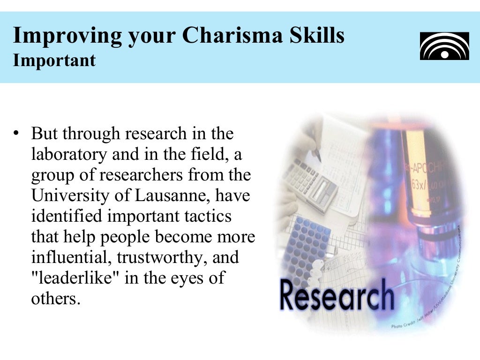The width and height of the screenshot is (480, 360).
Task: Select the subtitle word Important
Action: [54, 60]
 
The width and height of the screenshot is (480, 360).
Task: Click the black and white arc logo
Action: [444, 46]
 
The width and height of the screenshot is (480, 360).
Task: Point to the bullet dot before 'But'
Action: [17, 133]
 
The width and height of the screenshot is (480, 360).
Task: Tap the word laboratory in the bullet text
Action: [69, 154]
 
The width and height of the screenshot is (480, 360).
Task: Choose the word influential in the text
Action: [71, 257]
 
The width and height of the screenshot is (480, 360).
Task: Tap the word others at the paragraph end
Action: [53, 299]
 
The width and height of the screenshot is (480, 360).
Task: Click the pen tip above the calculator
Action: [319, 159]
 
